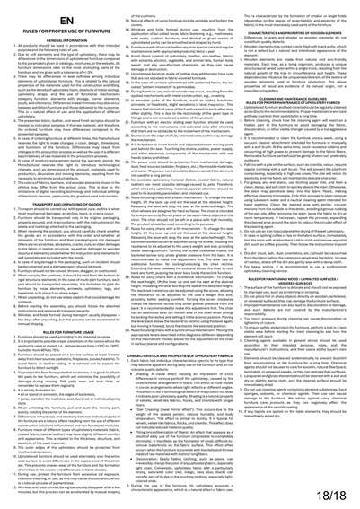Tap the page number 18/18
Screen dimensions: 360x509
[x=337, y=494]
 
